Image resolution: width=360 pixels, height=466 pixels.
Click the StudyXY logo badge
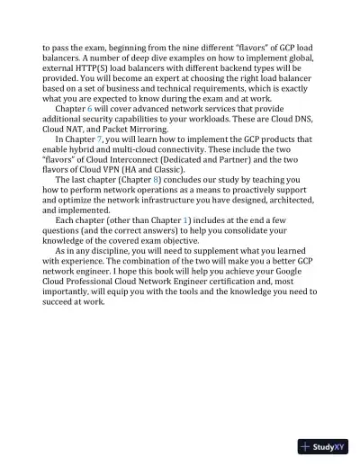[322, 446]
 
